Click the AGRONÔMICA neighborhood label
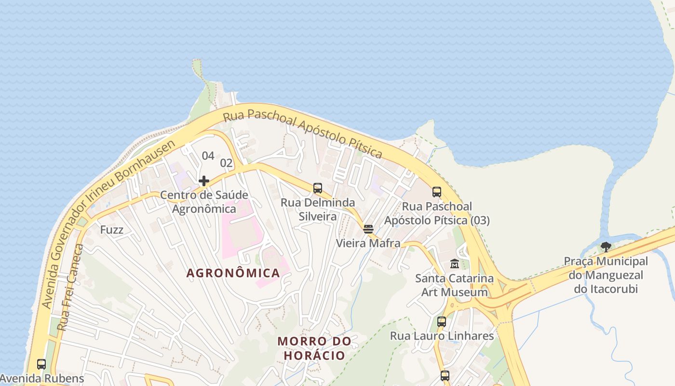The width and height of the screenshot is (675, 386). click(x=233, y=273)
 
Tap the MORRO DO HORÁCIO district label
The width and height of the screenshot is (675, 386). click(x=314, y=348)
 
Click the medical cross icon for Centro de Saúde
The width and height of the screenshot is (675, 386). click(x=204, y=181)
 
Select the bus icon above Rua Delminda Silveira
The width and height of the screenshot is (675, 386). click(x=318, y=188)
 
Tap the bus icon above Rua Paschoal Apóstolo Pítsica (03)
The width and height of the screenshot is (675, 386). click(x=437, y=192)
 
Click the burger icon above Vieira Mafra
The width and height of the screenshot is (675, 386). click(x=368, y=229)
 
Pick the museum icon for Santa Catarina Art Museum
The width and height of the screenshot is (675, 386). click(x=455, y=264)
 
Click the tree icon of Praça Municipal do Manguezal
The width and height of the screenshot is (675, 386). click(x=606, y=247)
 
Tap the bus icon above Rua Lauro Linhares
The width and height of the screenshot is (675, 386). click(x=442, y=321)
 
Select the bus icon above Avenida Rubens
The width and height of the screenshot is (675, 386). click(x=41, y=364)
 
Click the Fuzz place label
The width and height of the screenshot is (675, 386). click(x=112, y=230)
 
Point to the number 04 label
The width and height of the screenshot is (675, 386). click(x=208, y=155)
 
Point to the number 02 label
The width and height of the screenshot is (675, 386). click(x=227, y=163)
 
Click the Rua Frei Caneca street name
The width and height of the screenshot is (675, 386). click(x=70, y=288)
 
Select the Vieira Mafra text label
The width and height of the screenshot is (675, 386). click(x=368, y=243)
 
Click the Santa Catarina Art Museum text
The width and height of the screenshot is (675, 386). click(x=455, y=285)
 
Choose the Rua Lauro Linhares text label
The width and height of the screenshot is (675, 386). click(x=442, y=336)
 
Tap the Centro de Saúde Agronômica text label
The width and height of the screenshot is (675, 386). click(x=204, y=202)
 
